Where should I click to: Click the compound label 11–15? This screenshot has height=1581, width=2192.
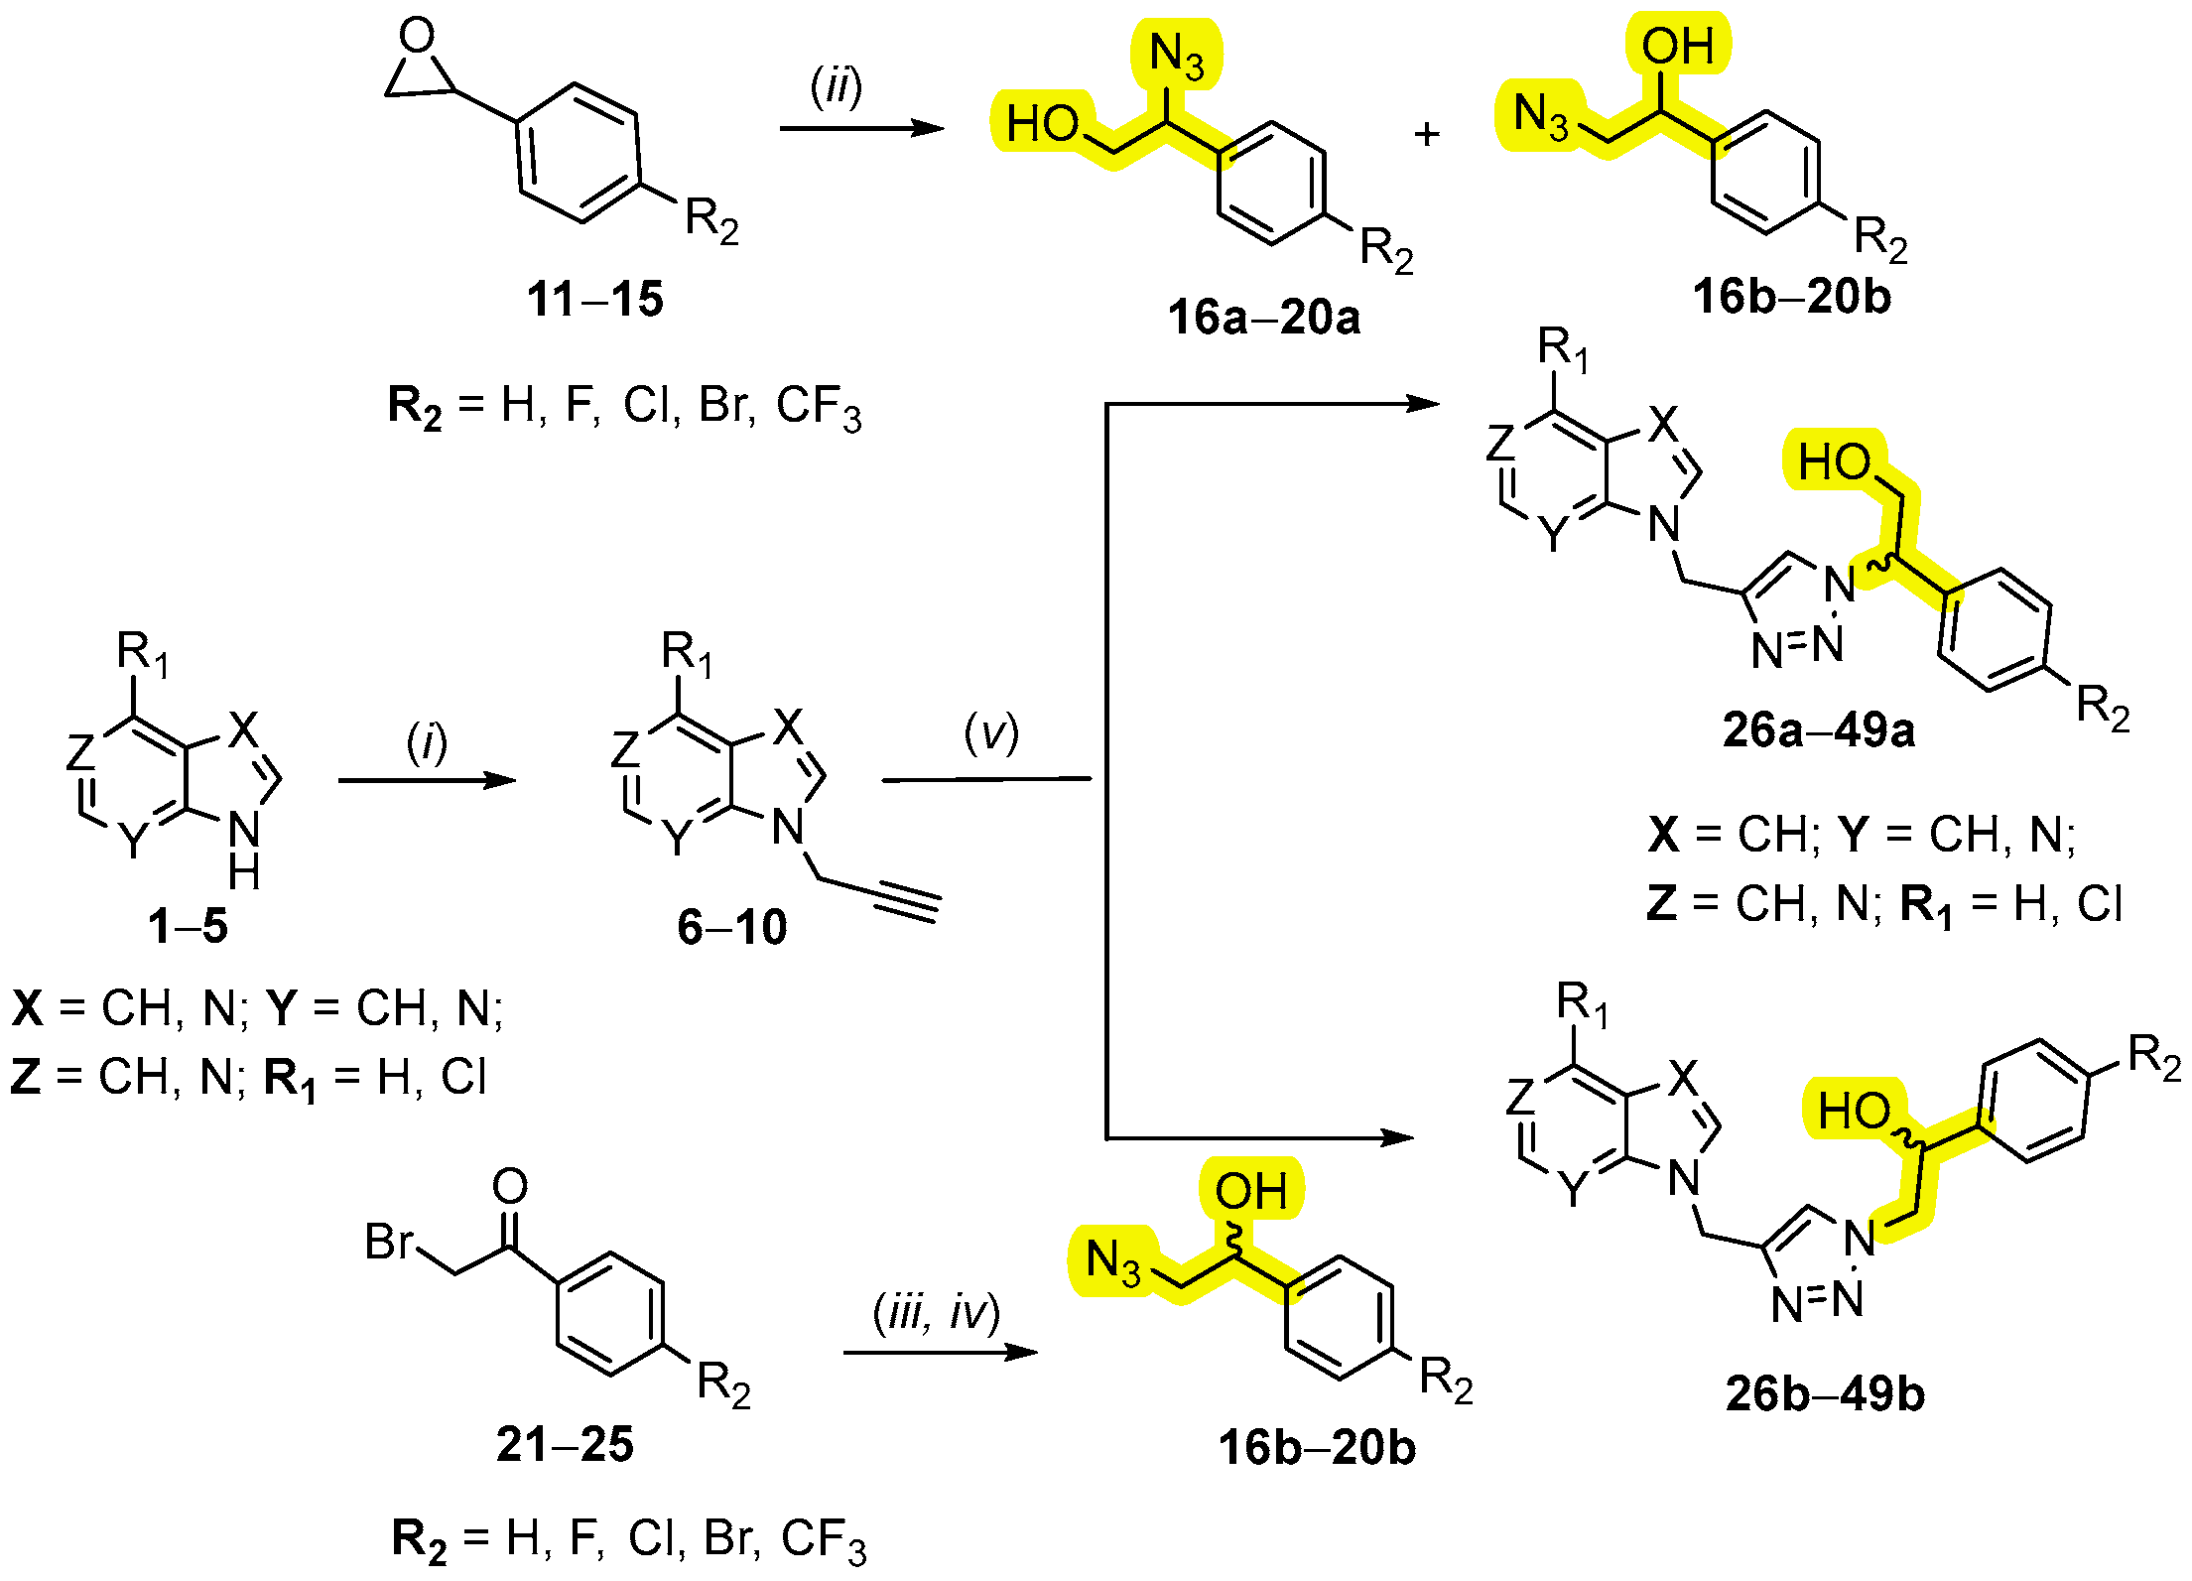click(594, 299)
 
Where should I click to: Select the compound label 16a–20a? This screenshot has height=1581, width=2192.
click(1263, 318)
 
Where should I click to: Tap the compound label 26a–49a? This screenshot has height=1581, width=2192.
click(1818, 730)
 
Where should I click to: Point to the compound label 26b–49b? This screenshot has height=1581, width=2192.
click(1824, 1393)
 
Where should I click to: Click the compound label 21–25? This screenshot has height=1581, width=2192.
click(565, 1444)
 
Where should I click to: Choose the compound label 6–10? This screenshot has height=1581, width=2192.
click(731, 927)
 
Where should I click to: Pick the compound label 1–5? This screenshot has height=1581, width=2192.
click(188, 926)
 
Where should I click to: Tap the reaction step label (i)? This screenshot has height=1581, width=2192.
click(427, 742)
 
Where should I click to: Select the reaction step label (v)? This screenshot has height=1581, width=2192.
click(990, 734)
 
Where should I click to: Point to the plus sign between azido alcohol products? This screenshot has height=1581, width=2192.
click(1427, 134)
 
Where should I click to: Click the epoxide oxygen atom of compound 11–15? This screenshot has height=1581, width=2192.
click(417, 36)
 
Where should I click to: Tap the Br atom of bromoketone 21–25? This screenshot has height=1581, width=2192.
click(389, 1242)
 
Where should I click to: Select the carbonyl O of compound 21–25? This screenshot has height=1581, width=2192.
click(510, 1186)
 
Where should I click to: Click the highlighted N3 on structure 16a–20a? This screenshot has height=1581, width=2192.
click(1176, 56)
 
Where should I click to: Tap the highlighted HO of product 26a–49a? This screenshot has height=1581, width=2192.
click(1835, 461)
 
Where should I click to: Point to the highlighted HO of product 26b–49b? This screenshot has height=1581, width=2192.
click(1854, 1110)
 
